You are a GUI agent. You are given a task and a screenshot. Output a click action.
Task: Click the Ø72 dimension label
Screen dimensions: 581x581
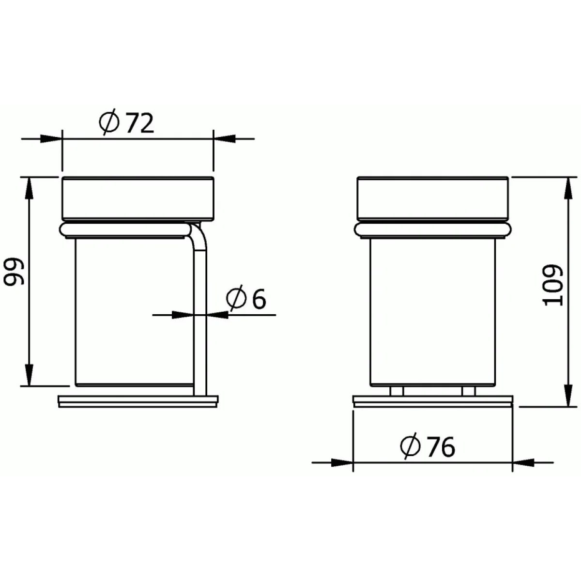pyautogui.click(x=127, y=123)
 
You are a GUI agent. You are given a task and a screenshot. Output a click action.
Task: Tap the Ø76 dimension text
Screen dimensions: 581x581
pyautogui.click(x=428, y=447)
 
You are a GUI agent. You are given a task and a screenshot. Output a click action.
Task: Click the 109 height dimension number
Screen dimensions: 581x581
pyautogui.click(x=553, y=285)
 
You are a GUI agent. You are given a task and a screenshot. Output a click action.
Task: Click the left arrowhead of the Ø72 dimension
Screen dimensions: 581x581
pyautogui.click(x=51, y=138)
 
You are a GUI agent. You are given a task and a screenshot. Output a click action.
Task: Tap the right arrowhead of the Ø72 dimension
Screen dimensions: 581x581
pyautogui.click(x=224, y=138)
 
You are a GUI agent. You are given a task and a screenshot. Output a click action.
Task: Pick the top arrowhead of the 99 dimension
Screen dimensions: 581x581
pyautogui.click(x=29, y=188)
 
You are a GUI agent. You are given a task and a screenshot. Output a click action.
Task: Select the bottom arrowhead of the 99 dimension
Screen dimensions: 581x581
pyautogui.click(x=29, y=375)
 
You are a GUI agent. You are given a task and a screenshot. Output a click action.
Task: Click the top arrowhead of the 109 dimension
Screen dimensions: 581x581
pyautogui.click(x=568, y=188)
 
